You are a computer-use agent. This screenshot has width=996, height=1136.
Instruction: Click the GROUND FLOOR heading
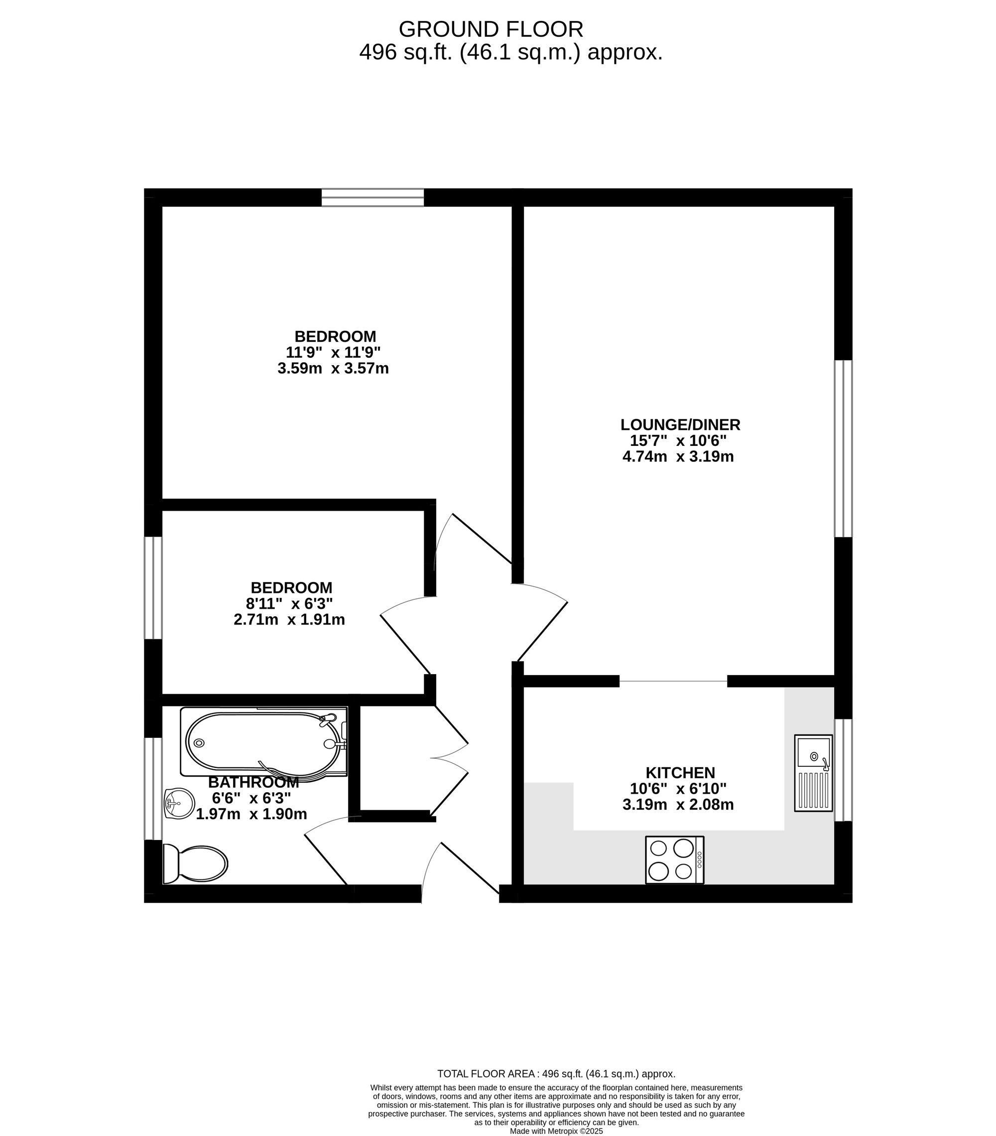point(491,29)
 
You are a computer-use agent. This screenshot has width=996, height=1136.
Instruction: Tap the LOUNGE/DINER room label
point(680,425)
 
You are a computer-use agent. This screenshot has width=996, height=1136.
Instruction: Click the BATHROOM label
point(253,783)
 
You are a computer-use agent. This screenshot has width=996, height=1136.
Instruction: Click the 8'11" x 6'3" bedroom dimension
point(289,603)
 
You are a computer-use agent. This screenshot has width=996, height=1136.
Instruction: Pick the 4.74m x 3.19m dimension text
point(678,457)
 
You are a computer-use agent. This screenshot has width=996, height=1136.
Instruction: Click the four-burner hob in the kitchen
point(674,859)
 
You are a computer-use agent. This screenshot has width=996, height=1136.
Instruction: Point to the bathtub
point(263,742)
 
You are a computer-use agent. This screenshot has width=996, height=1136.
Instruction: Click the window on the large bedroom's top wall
point(373,197)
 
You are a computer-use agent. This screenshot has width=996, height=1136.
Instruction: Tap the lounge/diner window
point(843,448)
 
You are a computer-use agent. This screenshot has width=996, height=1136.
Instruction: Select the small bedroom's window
point(153,587)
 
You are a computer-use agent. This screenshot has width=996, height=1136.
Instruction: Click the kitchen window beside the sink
point(843,770)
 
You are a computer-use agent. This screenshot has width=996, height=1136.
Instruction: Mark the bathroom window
point(153,788)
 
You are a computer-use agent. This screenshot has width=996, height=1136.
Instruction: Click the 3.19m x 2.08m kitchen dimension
point(678,805)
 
